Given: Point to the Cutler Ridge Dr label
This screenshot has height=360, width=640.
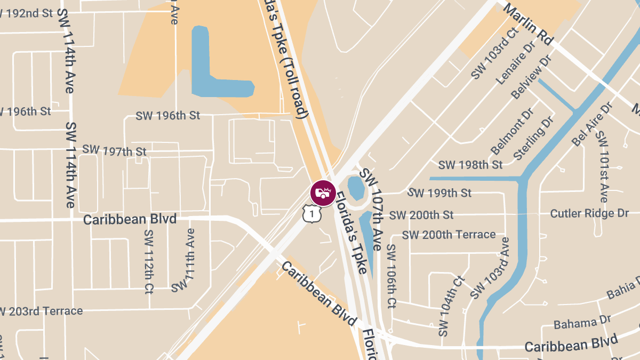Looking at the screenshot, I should [x=589, y=213].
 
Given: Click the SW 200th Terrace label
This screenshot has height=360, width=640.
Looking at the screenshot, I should [x=449, y=235].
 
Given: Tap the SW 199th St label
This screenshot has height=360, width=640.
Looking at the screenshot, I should [x=439, y=193].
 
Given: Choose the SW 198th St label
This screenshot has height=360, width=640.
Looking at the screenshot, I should [x=470, y=165].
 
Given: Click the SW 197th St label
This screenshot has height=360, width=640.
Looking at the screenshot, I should [x=114, y=150].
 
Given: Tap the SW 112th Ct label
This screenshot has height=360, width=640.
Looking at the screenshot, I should [x=149, y=262].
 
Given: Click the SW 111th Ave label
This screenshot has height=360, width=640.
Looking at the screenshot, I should [x=183, y=260].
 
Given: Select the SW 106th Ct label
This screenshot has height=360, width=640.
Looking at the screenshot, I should [x=391, y=276].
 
